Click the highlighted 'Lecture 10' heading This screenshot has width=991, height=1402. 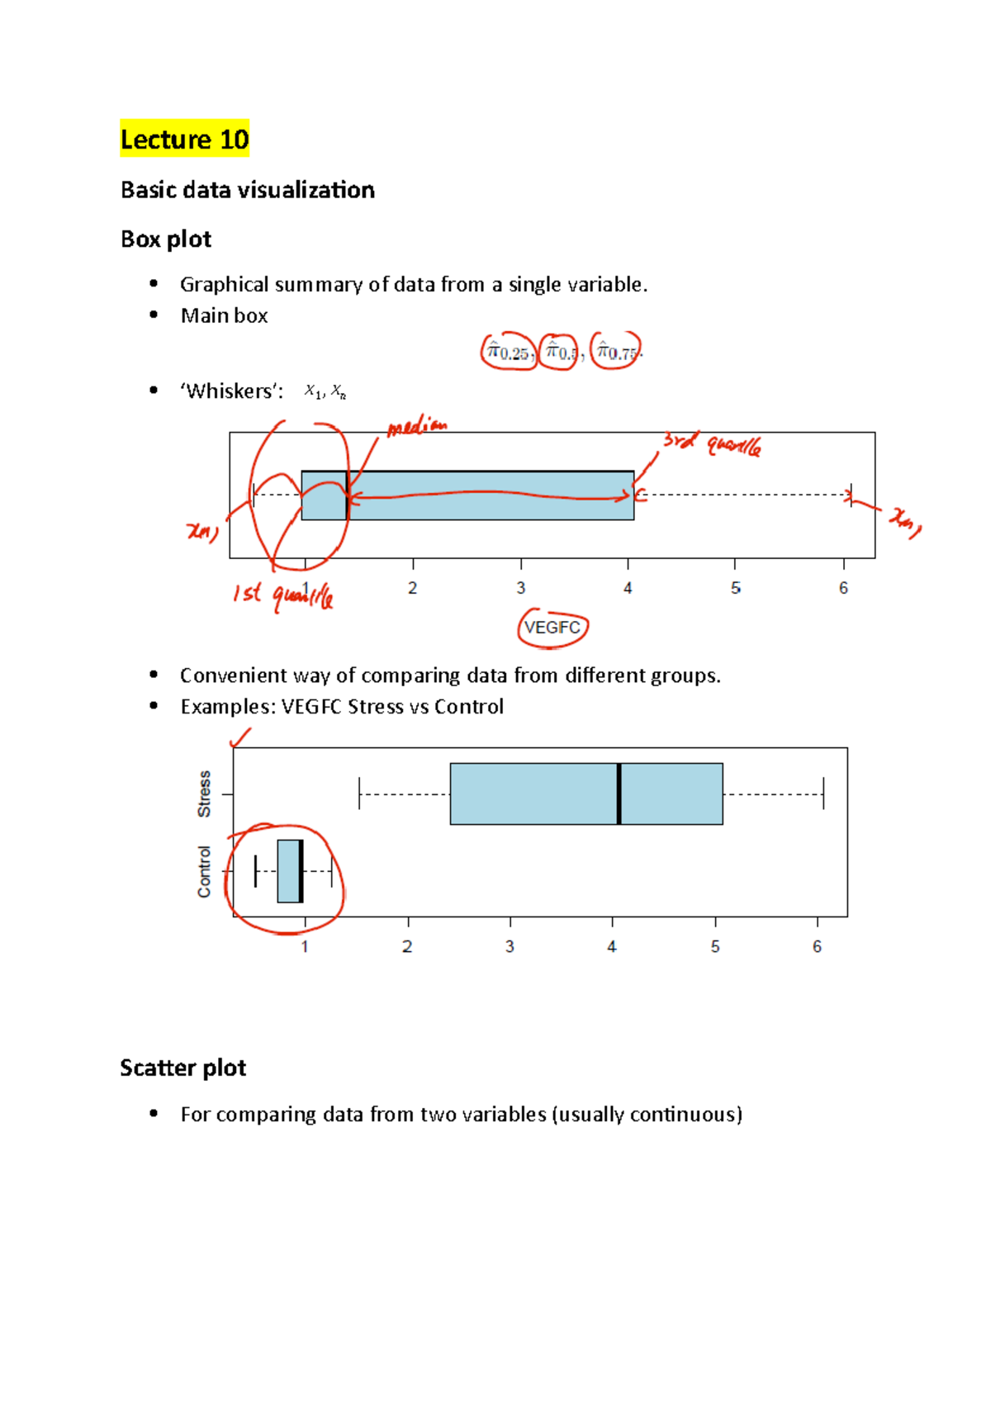pyautogui.click(x=184, y=139)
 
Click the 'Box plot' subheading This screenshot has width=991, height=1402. pyautogui.click(x=166, y=239)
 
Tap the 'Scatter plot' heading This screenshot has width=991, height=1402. pyautogui.click(x=183, y=1068)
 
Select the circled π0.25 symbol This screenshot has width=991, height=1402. pyautogui.click(x=508, y=353)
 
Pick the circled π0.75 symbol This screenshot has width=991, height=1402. pyautogui.click(x=616, y=353)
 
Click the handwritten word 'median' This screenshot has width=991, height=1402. pyautogui.click(x=417, y=427)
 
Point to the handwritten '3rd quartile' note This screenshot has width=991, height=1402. pyautogui.click(x=712, y=444)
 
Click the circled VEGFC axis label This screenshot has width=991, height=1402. pyautogui.click(x=552, y=628)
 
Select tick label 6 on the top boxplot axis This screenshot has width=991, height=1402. pyautogui.click(x=843, y=588)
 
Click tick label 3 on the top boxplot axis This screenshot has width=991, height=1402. pyautogui.click(x=520, y=588)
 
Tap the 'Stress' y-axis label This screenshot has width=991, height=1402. pyautogui.click(x=204, y=793)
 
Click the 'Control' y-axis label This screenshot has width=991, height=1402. pyautogui.click(x=204, y=871)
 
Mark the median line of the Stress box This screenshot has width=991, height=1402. pyautogui.click(x=619, y=793)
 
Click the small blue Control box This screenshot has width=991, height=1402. pyautogui.click(x=287, y=871)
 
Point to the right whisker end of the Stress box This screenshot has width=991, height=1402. pyautogui.click(x=823, y=793)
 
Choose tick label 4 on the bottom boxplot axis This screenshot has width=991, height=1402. pyautogui.click(x=612, y=946)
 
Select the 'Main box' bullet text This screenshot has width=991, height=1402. pyautogui.click(x=224, y=315)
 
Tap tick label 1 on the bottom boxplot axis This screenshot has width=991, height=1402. pyautogui.click(x=305, y=946)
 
